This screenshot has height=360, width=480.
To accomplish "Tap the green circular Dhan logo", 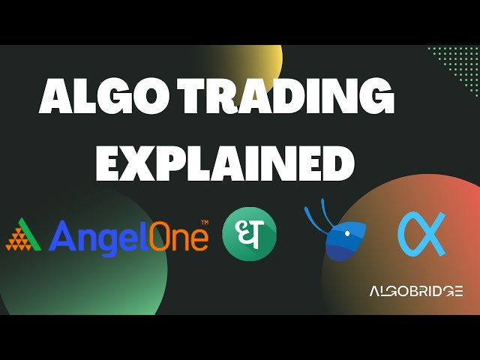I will point(249,233).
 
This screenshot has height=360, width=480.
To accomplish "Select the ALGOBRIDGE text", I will point(416,291).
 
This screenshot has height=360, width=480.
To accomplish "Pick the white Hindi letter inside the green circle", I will point(249,233).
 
